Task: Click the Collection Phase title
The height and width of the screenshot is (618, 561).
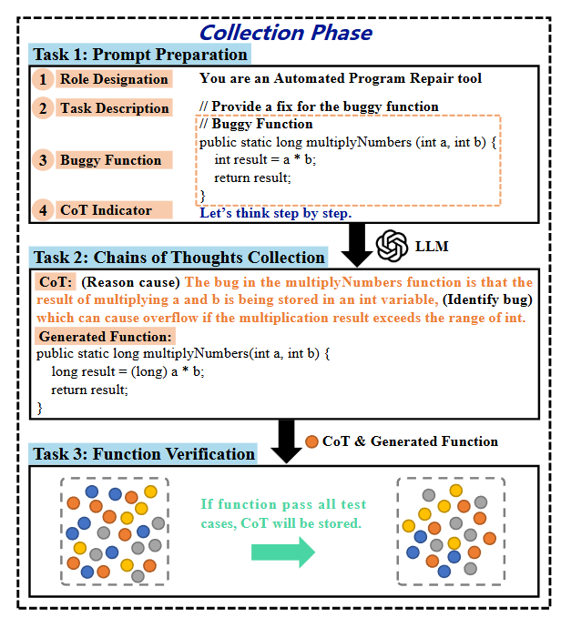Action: pyautogui.click(x=285, y=33)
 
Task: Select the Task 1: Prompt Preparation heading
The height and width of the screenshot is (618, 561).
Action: pyautogui.click(x=139, y=55)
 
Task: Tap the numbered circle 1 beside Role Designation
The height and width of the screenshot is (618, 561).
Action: pyautogui.click(x=42, y=79)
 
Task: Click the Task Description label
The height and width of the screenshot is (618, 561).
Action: pyautogui.click(x=114, y=108)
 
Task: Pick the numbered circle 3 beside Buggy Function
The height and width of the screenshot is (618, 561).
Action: pyautogui.click(x=42, y=160)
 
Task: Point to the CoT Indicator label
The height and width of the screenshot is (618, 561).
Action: pyautogui.click(x=106, y=210)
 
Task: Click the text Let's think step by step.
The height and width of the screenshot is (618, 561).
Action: pyautogui.click(x=275, y=214)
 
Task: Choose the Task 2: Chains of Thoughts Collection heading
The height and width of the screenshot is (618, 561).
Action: pyautogui.click(x=178, y=257)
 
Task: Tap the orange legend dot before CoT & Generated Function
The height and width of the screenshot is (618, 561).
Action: pyautogui.click(x=311, y=441)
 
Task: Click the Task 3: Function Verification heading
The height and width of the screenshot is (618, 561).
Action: pyautogui.click(x=144, y=453)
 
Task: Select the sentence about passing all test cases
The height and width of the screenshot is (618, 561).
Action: pyautogui.click(x=284, y=514)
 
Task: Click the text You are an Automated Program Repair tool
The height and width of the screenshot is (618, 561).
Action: pyautogui.click(x=341, y=79)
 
